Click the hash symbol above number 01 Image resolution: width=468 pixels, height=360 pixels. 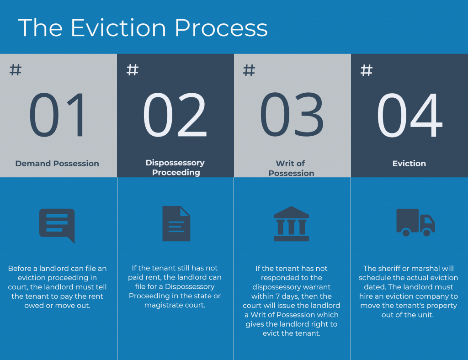point(16,70)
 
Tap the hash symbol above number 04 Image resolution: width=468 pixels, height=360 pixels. point(367,70)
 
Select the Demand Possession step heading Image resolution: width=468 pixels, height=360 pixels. point(57,164)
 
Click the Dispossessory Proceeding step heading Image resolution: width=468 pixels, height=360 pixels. point(175,168)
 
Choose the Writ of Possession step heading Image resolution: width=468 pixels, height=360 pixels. point(291,168)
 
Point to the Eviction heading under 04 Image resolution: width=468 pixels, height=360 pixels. point(409,164)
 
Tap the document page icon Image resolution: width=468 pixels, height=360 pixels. point(176,223)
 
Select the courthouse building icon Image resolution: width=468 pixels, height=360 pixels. point(291,223)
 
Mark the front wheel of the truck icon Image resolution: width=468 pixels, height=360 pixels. point(427,233)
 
